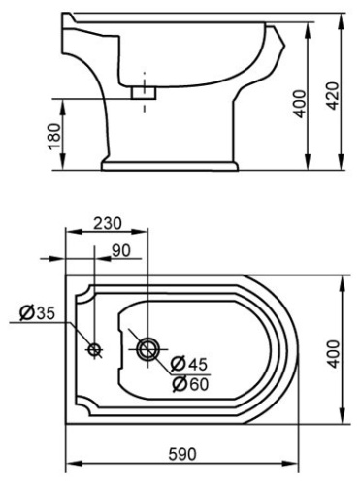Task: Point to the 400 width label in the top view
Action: click(333, 351)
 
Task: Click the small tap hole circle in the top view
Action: click(94, 348)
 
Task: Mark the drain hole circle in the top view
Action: click(148, 348)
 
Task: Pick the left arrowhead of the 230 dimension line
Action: click(69, 232)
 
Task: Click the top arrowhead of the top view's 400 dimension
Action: click(347, 282)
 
